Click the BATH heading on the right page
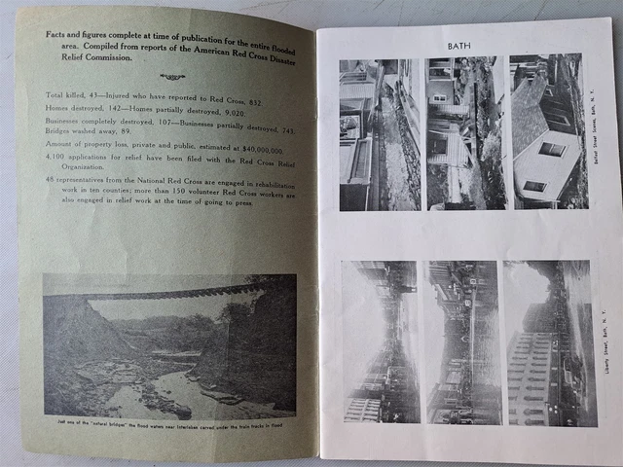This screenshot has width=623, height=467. [458, 46]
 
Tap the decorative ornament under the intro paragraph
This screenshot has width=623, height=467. [171, 77]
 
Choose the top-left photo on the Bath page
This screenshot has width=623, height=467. [378, 134]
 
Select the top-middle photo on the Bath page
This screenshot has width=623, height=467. [464, 134]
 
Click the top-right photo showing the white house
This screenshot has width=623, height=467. [547, 132]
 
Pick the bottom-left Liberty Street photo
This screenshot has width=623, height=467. [380, 341]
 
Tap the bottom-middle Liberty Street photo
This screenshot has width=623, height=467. [462, 341]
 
